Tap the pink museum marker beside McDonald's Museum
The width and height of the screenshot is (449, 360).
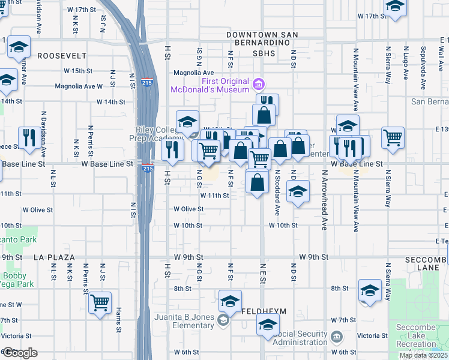point(259,82)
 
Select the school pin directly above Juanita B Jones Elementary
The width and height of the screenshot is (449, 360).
point(230,301)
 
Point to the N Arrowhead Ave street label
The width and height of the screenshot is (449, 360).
point(324,200)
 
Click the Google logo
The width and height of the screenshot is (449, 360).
point(19,353)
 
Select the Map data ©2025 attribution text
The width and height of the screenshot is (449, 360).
point(424,355)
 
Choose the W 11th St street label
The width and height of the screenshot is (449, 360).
point(215,195)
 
